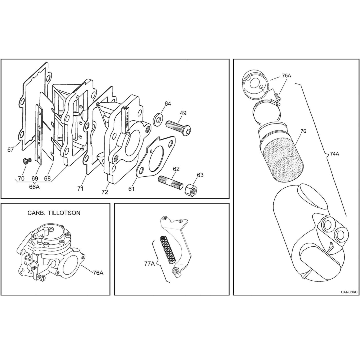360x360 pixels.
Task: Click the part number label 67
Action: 11,150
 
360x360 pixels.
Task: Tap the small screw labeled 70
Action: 26,161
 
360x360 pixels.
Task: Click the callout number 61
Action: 131,189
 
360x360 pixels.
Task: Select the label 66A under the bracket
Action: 34,187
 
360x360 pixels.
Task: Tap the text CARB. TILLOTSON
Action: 54,213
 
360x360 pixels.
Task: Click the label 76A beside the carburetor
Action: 98,273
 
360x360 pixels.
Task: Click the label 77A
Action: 149,264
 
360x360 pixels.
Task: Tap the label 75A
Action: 286,76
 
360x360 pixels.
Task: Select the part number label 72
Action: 105,192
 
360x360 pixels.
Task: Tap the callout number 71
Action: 80,189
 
